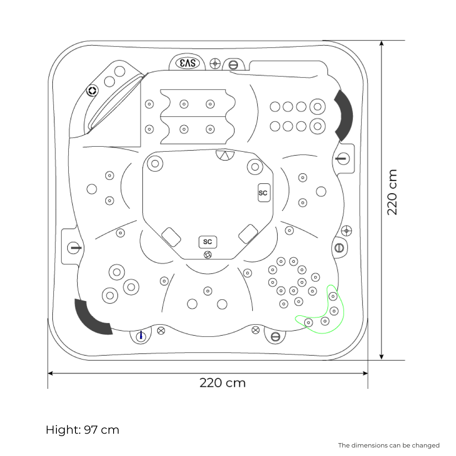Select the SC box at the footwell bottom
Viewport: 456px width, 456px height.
tap(208, 242)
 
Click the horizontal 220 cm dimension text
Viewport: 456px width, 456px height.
tap(223, 382)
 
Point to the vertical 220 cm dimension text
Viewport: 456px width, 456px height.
tap(392, 192)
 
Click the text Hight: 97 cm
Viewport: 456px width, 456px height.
tap(82, 430)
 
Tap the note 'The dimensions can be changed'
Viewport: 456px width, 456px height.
tap(388, 445)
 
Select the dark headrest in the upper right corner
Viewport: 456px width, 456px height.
tap(344, 115)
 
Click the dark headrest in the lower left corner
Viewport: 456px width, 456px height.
tap(92, 317)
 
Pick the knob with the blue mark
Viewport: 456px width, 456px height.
tap(141, 335)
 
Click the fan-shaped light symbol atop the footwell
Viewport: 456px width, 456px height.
tap(225, 155)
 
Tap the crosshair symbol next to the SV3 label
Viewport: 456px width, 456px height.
tap(215, 63)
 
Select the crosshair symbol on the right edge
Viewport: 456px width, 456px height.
tap(347, 230)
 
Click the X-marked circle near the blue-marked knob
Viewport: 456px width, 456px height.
tap(161, 330)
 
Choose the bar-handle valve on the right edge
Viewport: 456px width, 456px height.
tap(342, 158)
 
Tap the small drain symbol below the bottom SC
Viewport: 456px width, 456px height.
tap(208, 255)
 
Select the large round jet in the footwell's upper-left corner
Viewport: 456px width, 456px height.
tap(155, 163)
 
